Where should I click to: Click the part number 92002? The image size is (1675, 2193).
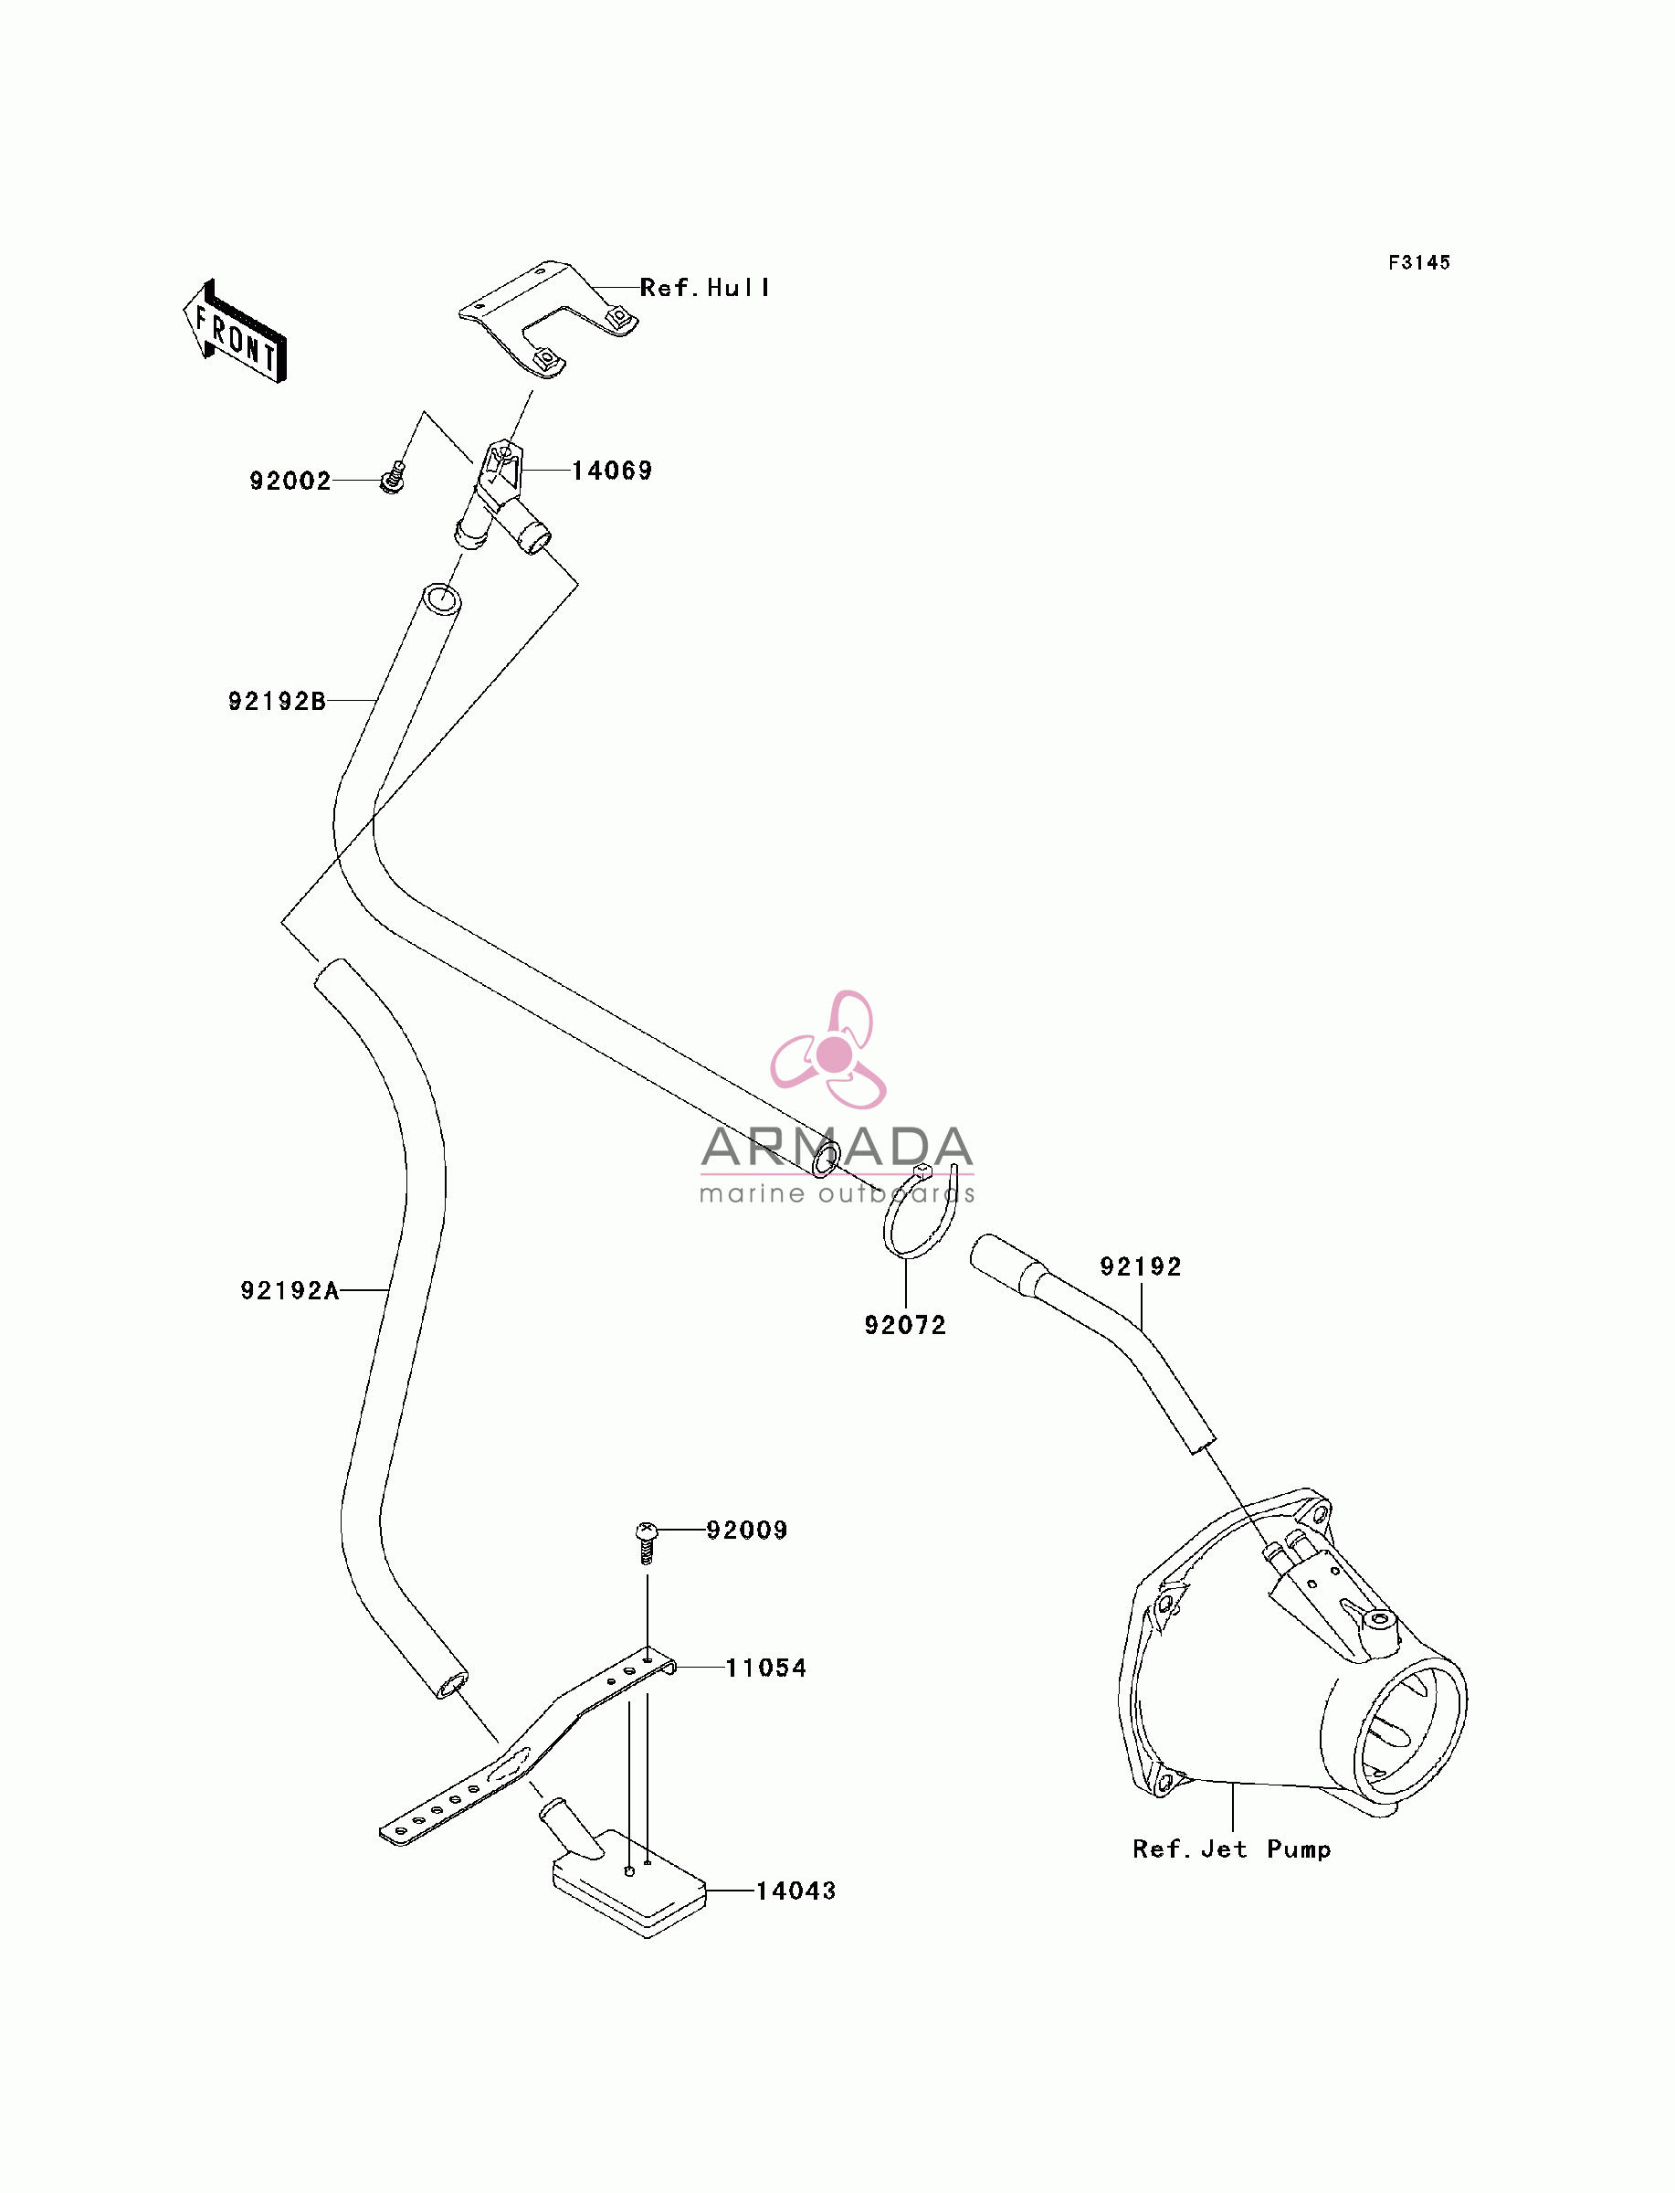click(290, 481)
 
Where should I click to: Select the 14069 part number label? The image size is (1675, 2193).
click(612, 471)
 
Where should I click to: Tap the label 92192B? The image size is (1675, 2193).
click(277, 701)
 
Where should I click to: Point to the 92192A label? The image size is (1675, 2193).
click(290, 1290)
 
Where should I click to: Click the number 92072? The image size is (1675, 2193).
click(905, 1325)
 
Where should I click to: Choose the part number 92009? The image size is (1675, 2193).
click(747, 1530)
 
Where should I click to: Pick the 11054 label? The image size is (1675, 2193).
click(765, 1668)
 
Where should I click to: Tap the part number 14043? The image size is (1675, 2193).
click(795, 1891)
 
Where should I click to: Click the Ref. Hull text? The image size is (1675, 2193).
click(705, 288)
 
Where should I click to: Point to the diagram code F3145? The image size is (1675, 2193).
click(1420, 262)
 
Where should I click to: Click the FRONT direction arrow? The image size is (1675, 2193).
click(236, 332)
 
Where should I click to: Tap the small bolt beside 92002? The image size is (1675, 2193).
click(394, 478)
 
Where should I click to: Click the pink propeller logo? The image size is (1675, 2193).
click(829, 1050)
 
